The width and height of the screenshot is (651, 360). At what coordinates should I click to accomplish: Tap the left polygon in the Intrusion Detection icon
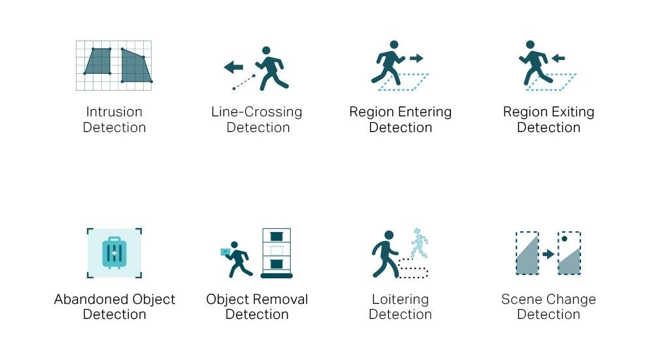pos(97,61)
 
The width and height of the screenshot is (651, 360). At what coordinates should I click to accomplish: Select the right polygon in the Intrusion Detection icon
pos(135,67)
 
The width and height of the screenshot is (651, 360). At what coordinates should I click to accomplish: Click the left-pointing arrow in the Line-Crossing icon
pos(233,67)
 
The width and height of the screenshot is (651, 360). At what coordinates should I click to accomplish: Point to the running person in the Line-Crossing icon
pos(271,68)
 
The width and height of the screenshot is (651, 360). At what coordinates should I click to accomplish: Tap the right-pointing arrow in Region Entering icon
pos(416,58)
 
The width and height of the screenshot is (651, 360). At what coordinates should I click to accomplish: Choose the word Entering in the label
pos(423,112)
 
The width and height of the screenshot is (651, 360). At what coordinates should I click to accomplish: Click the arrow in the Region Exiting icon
pos(558,58)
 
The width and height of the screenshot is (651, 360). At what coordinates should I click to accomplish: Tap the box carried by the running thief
pos(225,252)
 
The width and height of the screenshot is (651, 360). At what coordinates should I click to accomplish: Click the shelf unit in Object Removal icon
pos(276,253)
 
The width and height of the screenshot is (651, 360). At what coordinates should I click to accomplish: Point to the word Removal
pos(282,299)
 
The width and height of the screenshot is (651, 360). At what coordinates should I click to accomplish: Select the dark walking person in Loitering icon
pos(386,254)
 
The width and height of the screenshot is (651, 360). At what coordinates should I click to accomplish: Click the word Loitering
pos(400,299)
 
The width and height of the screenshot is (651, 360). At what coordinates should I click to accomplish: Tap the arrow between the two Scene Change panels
pos(548,254)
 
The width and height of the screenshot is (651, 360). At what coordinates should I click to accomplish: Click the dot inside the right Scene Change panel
pos(564,239)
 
